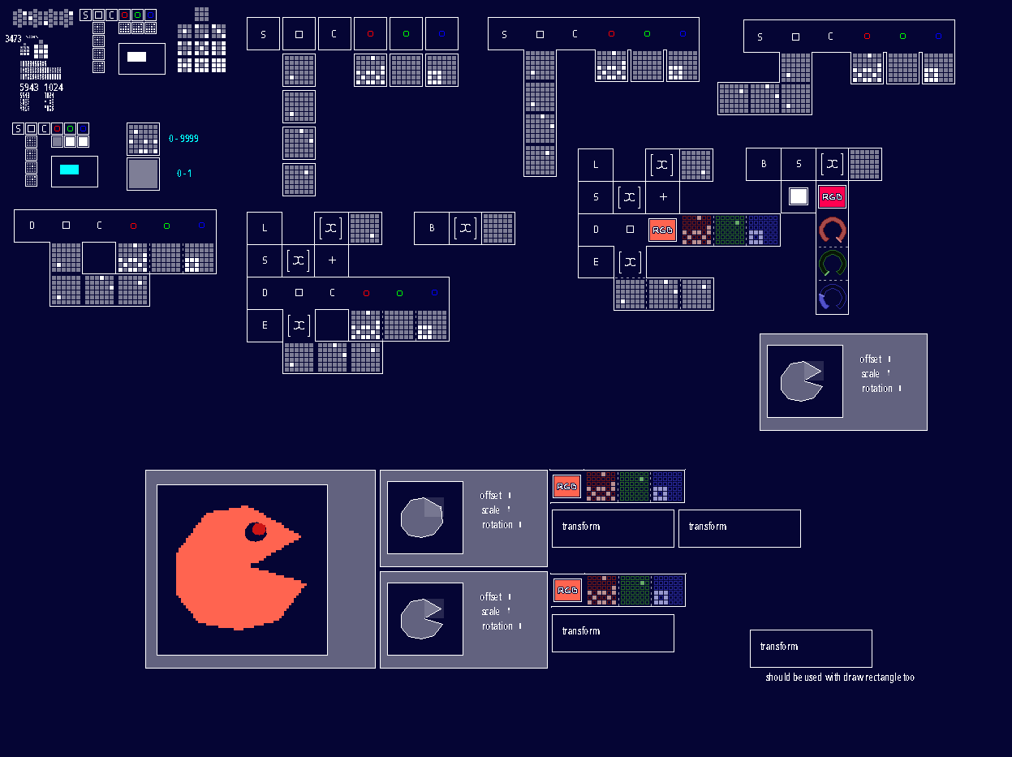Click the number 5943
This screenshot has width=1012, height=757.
coord(29,88)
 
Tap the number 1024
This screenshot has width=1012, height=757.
coord(54,88)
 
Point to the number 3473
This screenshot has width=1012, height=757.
coord(13,39)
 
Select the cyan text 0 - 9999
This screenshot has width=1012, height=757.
coord(183,139)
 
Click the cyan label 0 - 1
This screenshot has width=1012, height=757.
coord(184,174)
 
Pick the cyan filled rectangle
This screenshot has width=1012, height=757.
coord(70,170)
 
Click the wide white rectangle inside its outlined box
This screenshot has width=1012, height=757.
coord(137,57)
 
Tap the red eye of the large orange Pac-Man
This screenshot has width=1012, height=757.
coord(259,530)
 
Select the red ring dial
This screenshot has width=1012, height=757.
coord(833,230)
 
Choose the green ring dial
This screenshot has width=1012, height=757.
coord(833,264)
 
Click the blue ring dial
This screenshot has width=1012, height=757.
coord(833,298)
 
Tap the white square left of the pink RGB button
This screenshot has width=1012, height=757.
coord(799,196)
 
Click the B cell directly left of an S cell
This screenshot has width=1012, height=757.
coord(764,164)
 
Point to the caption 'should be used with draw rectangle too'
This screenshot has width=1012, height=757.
coord(840,677)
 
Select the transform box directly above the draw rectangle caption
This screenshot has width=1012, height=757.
coord(811,648)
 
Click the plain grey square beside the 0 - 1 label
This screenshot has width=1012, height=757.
coord(143,174)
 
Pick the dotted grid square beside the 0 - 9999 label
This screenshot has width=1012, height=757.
coord(143,139)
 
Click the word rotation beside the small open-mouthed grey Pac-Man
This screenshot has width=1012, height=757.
coord(497,626)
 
